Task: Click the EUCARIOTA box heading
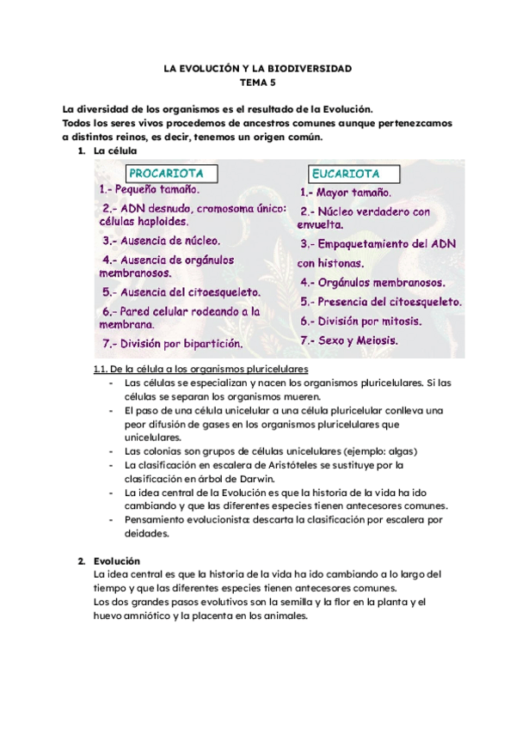click(x=340, y=174)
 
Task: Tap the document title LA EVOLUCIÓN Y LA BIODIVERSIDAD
click(x=258, y=68)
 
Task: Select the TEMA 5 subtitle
click(x=258, y=83)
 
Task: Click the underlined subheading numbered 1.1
click(x=200, y=369)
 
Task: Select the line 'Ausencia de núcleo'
click(x=162, y=241)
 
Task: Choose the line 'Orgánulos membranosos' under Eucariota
click(x=372, y=282)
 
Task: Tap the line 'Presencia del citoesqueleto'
click(x=381, y=302)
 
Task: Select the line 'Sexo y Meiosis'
click(x=349, y=340)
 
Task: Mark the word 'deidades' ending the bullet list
click(x=146, y=533)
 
